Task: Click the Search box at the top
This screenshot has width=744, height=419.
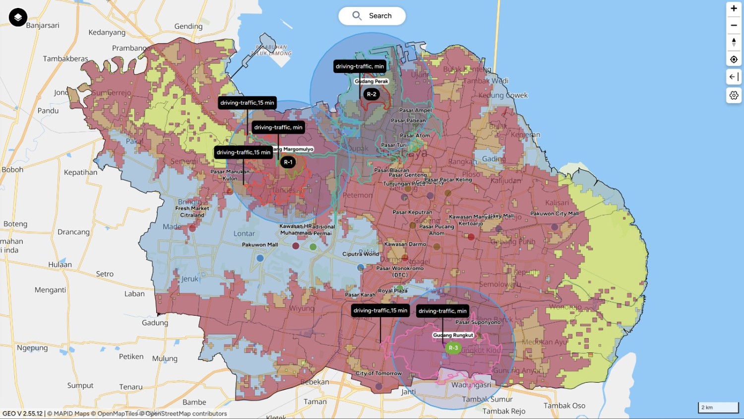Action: [x=372, y=16]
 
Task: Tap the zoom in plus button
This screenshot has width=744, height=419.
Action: [x=734, y=8]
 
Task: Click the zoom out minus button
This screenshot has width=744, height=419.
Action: [x=734, y=25]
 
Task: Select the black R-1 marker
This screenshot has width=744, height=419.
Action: [x=288, y=162]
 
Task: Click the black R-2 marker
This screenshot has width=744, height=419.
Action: [x=372, y=94]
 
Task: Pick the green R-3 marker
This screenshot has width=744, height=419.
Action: [x=453, y=348]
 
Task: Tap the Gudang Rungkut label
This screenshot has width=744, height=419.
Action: [x=453, y=335]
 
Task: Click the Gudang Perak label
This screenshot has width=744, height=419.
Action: [x=372, y=81]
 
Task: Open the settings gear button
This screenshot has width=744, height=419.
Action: [x=734, y=95]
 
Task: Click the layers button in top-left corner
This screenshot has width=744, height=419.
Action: [x=18, y=17]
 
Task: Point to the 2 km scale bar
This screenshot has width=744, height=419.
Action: [x=718, y=408]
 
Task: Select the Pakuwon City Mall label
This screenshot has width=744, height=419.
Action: [x=554, y=213]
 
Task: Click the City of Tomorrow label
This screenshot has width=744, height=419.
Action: [x=378, y=373]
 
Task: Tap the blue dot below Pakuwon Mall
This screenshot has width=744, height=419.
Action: [x=260, y=258]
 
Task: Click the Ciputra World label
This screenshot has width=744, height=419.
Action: [x=361, y=254]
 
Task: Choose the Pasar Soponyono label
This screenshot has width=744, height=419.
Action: [x=478, y=322]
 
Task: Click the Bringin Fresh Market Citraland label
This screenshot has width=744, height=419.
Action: [x=192, y=209]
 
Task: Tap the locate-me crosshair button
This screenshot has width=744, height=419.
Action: [x=734, y=60]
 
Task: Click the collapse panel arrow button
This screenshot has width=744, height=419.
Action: [x=734, y=77]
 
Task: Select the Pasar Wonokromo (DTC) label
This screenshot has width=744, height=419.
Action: [x=400, y=271]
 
